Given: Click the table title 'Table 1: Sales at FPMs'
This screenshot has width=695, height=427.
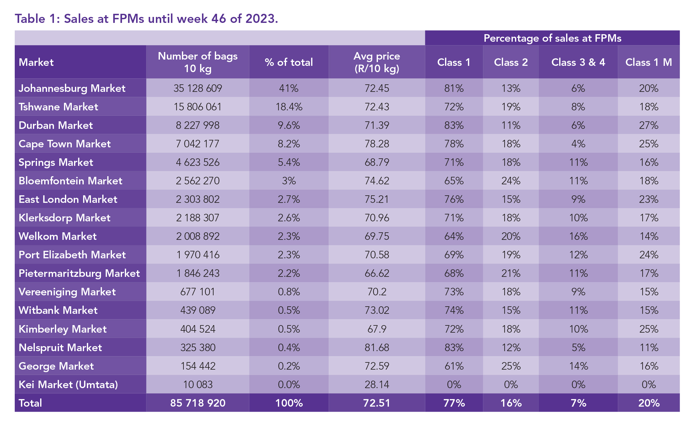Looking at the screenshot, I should pyautogui.click(x=146, y=19).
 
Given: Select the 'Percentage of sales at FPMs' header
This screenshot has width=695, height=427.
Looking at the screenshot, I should pyautogui.click(x=552, y=38).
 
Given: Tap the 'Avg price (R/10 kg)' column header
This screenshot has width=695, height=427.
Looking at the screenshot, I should pyautogui.click(x=377, y=62).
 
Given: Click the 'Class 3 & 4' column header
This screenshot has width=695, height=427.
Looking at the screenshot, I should pyautogui.click(x=578, y=62).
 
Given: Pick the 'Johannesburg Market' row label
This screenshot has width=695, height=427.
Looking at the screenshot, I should pyautogui.click(x=72, y=88).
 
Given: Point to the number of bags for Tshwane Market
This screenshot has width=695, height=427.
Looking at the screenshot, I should pyautogui.click(x=198, y=107).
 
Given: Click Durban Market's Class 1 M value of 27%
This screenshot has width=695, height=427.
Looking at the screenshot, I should pyautogui.click(x=649, y=125).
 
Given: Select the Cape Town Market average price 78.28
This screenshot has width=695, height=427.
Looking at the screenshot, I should pyautogui.click(x=377, y=144).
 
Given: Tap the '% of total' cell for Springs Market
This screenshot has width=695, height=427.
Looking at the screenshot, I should pyautogui.click(x=289, y=162).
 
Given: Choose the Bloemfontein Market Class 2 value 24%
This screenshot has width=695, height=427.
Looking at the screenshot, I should pyautogui.click(x=511, y=181).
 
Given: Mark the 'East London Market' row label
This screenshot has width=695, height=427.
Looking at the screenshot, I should pyautogui.click(x=68, y=199).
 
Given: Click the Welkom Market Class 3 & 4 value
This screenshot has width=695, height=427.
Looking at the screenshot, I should pyautogui.click(x=578, y=236).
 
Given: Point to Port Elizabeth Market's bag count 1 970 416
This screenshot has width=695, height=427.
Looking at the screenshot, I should pyautogui.click(x=198, y=255).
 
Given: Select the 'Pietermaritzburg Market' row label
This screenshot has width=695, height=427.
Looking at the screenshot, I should pyautogui.click(x=79, y=273).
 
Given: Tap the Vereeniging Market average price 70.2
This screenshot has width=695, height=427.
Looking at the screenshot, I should pyautogui.click(x=377, y=292).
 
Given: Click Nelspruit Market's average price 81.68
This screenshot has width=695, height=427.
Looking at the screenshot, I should pyautogui.click(x=377, y=348).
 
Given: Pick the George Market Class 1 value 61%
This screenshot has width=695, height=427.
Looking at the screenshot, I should pyautogui.click(x=454, y=366).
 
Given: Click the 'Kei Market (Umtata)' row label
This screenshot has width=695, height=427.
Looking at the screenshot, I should pyautogui.click(x=68, y=385).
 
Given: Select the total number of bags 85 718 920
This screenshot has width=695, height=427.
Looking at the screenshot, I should pyautogui.click(x=198, y=403).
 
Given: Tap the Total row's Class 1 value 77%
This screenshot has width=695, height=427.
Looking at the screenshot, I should pyautogui.click(x=454, y=403).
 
